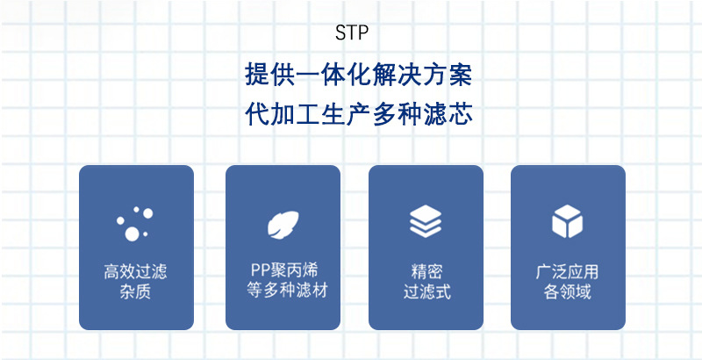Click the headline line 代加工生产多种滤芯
[359, 116]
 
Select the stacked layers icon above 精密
[426, 222]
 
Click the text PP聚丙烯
[283, 270]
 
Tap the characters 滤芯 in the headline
[448, 116]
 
